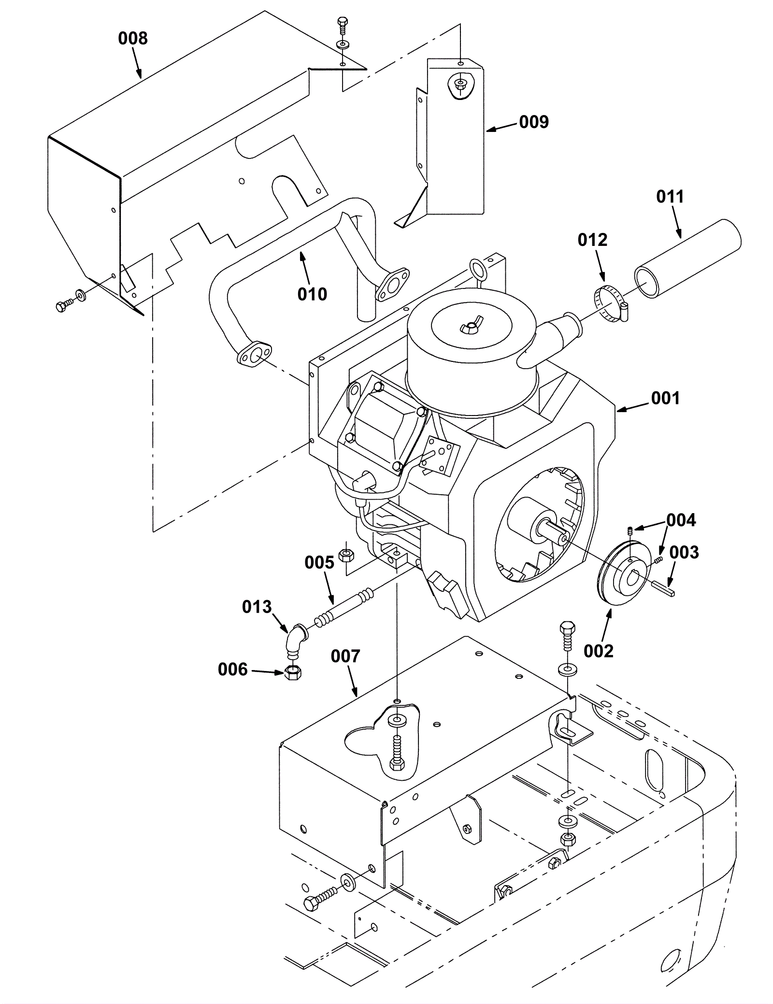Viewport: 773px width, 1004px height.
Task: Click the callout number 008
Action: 132,38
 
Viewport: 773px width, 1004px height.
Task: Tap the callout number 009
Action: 534,122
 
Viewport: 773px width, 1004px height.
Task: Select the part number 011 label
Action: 670,197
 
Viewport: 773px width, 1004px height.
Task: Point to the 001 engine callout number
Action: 665,398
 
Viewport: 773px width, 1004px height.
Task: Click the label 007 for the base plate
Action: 345,656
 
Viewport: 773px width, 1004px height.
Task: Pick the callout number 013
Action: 257,607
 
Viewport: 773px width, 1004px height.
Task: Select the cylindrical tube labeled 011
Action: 687,258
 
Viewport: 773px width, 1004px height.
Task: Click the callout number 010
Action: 312,294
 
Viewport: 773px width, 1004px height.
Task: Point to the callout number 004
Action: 681,520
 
